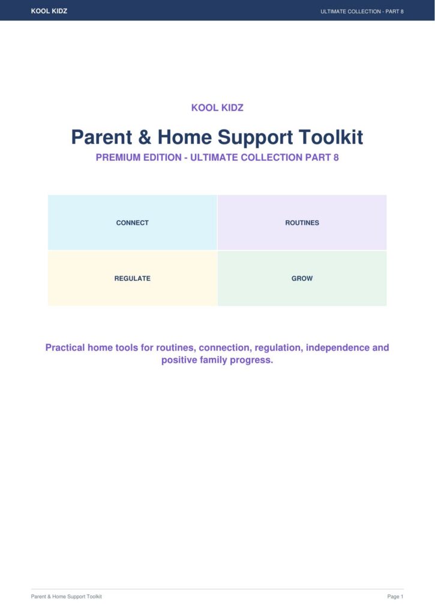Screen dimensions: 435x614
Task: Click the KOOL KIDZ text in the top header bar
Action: (x=49, y=11)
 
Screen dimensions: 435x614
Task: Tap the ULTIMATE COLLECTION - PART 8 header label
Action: (x=362, y=11)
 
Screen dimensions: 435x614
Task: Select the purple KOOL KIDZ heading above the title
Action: (x=217, y=108)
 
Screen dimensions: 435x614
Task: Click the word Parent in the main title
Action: (x=101, y=137)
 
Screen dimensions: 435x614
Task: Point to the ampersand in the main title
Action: (x=145, y=137)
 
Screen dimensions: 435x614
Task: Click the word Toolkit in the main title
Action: (x=331, y=137)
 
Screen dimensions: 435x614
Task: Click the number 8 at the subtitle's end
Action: (x=336, y=158)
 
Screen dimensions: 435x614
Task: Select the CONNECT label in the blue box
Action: (x=133, y=223)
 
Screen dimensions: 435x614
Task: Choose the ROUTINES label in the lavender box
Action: (x=302, y=223)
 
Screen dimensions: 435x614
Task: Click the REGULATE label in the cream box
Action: (x=133, y=278)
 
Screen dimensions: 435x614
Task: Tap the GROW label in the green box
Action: (x=302, y=278)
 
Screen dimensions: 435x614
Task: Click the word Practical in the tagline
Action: (x=65, y=348)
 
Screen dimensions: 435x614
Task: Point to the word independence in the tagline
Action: (x=337, y=348)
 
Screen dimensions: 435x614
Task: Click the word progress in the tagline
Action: (x=251, y=360)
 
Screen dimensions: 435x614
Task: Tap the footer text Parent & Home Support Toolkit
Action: (x=66, y=597)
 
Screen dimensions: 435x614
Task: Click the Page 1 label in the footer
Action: (x=395, y=597)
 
